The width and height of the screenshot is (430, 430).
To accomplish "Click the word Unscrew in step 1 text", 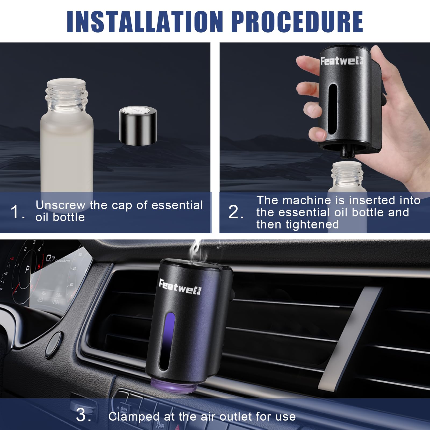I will (60, 205).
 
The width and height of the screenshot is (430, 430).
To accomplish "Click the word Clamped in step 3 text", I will (134, 417).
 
